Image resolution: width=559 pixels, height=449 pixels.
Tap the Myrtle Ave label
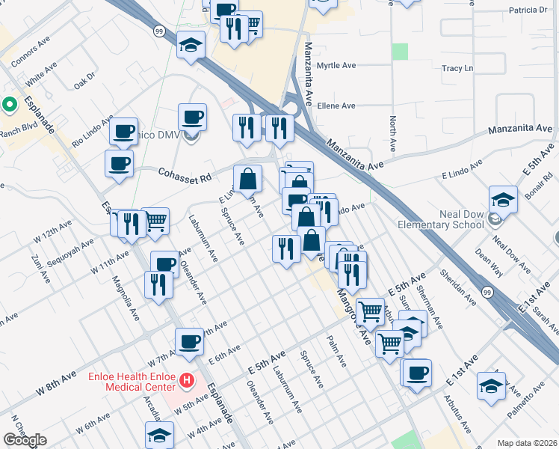pyautogui.click(x=336, y=66)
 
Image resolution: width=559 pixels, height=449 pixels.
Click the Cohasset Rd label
pyautogui.click(x=185, y=174)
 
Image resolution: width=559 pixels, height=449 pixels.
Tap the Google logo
pyautogui.click(x=25, y=440)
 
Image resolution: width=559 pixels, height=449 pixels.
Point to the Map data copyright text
pyautogui.click(x=527, y=443)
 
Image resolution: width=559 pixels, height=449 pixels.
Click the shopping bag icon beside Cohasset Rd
pyautogui.click(x=247, y=180)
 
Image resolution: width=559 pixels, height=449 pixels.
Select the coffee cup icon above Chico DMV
pyautogui.click(x=193, y=117)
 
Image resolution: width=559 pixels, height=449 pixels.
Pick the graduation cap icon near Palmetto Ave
pyautogui.click(x=490, y=386)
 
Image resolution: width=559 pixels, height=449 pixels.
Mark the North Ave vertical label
pyautogui.click(x=392, y=135)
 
